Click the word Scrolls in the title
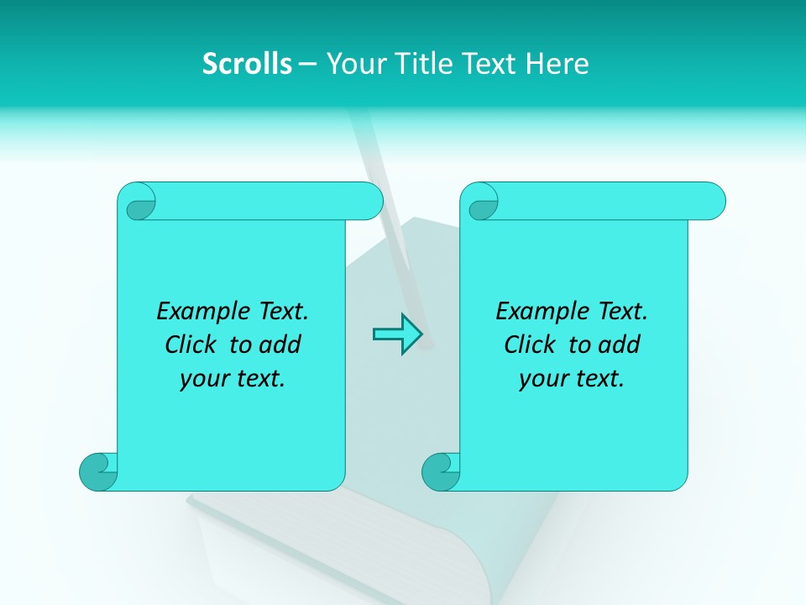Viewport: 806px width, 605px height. click(x=247, y=64)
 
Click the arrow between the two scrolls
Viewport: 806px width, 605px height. click(x=397, y=334)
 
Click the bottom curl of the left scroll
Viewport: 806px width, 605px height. click(x=99, y=471)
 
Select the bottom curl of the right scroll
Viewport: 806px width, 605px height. click(x=442, y=471)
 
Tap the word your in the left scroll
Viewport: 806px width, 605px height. click(x=199, y=380)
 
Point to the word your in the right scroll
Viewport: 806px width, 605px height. click(x=538, y=380)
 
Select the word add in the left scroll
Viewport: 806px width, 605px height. click(x=281, y=345)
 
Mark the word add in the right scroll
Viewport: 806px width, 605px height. click(x=620, y=345)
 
